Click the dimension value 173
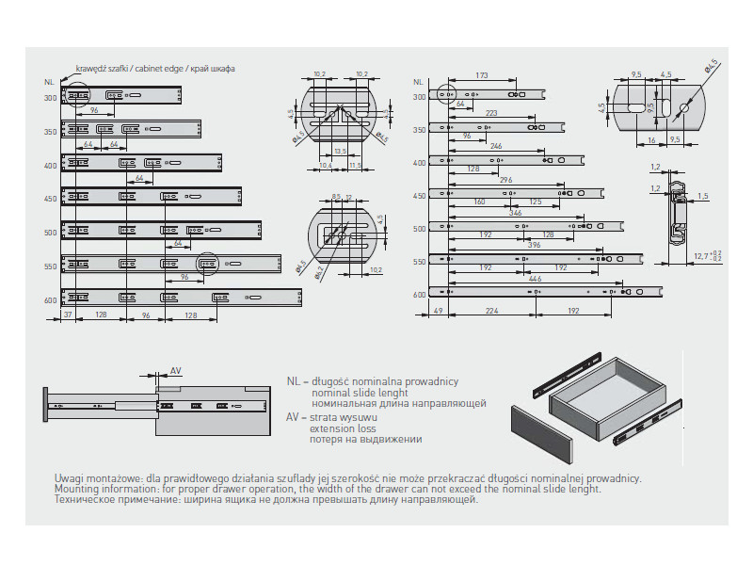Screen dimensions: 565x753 click(x=482, y=74)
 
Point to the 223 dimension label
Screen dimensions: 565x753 click(x=491, y=113)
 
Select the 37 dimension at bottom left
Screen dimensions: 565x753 click(x=68, y=315)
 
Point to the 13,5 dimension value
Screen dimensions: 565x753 click(x=341, y=151)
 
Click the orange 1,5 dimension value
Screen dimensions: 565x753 click(x=702, y=196)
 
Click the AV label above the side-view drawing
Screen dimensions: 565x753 click(x=176, y=370)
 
